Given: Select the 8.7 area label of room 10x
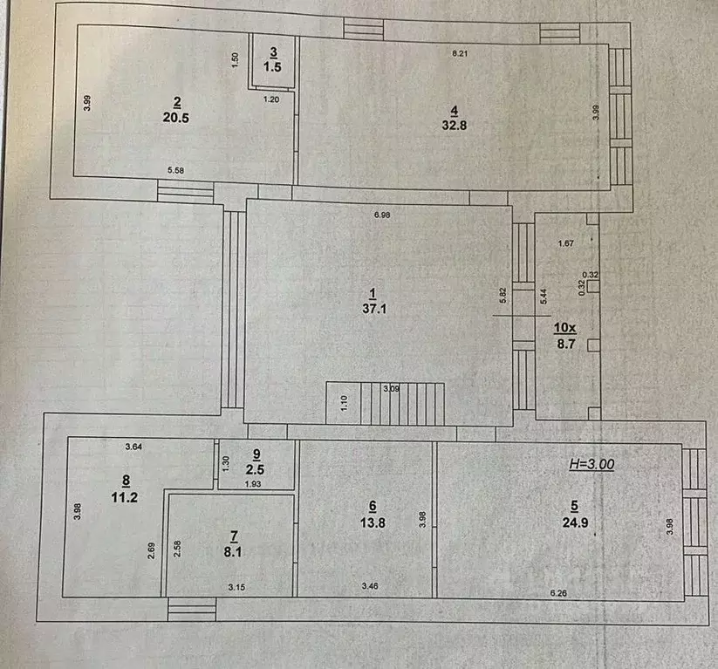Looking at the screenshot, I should (x=565, y=344).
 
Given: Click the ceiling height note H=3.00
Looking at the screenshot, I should (x=591, y=465).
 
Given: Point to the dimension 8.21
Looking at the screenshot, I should (x=460, y=54).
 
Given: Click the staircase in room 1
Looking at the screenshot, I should (x=385, y=403).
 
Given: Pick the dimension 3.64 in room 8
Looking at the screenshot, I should (x=133, y=447).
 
